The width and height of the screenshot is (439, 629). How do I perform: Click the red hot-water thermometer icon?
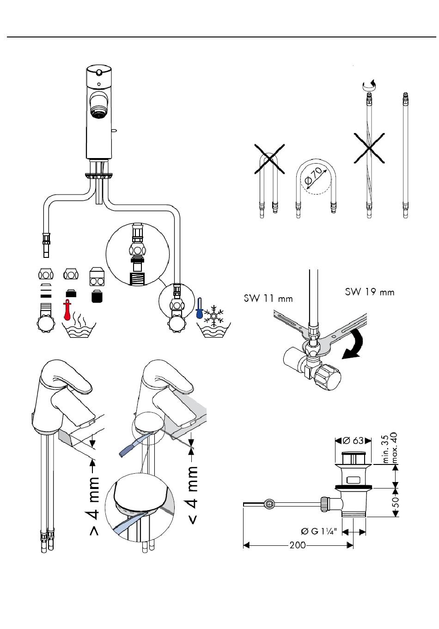[x=67, y=310]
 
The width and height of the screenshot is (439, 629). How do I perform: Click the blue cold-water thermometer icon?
[x=199, y=308]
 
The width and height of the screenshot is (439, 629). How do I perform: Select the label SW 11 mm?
[x=268, y=298]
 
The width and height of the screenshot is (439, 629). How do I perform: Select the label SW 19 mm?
[x=370, y=292]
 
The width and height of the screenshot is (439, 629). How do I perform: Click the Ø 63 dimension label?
[x=353, y=440]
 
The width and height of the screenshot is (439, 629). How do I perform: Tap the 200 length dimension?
[x=298, y=545]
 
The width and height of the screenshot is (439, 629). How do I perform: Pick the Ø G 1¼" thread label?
[x=318, y=531]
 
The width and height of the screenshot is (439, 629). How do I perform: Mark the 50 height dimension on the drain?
[x=396, y=502]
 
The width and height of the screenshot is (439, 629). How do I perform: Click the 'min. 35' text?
[x=386, y=449]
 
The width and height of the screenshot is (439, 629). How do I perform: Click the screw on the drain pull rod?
[x=269, y=504]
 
